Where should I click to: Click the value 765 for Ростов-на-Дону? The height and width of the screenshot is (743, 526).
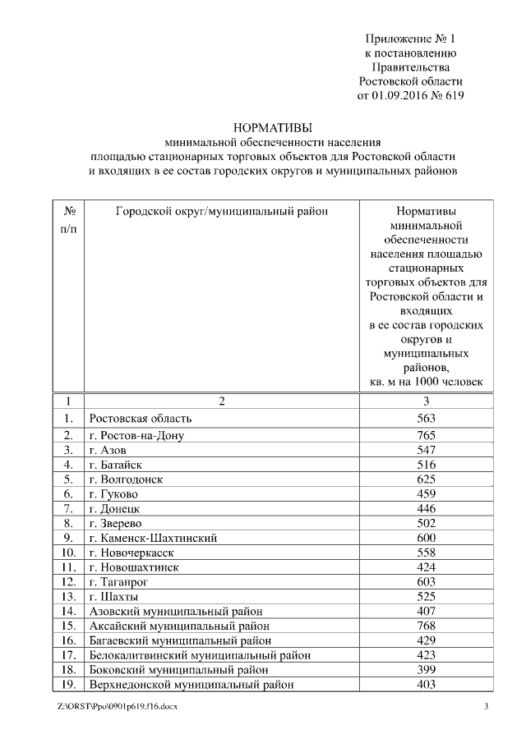point(426,434)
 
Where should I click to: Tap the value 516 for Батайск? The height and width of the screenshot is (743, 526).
point(426,465)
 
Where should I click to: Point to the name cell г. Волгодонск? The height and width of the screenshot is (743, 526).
point(127,479)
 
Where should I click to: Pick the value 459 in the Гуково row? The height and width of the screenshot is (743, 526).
point(426,494)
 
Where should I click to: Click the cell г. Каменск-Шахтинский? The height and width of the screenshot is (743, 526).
point(152,539)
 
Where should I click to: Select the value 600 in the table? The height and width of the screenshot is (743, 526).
point(426,538)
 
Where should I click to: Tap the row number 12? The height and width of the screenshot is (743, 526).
point(68,582)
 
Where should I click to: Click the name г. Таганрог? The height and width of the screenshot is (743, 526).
point(120,582)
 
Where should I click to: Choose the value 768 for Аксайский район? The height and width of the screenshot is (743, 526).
point(426,626)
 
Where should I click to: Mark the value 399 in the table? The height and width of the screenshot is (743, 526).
point(426,670)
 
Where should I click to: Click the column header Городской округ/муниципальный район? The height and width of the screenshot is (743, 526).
point(221,211)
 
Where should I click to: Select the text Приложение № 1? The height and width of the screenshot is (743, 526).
point(410,39)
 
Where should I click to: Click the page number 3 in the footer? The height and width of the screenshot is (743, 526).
point(486,707)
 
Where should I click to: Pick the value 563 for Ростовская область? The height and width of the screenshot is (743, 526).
point(426,418)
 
